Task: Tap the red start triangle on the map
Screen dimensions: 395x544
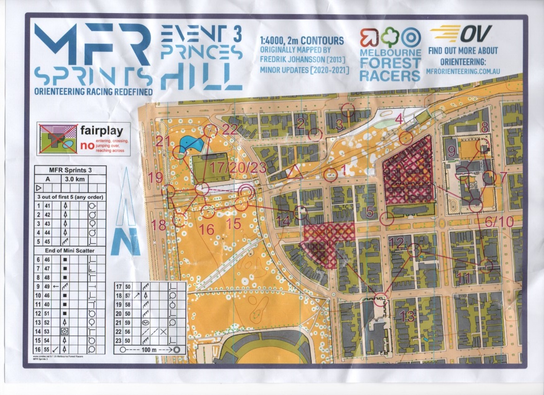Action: tap(295, 173)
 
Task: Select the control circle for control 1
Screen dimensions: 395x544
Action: tap(331, 175)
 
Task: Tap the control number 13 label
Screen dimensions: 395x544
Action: tap(406, 317)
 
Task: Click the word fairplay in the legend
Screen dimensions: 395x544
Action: tap(101, 131)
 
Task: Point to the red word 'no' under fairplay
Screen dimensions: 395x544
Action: tap(86, 145)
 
